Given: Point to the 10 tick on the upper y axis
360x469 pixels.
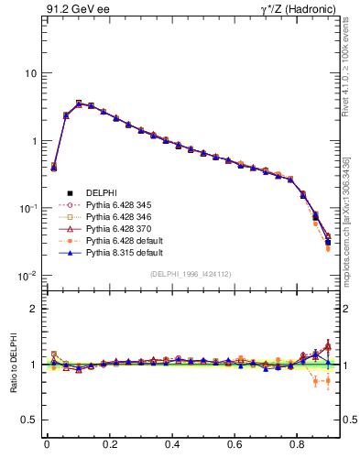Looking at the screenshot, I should (30, 73).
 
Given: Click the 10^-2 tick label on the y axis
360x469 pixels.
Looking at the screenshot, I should (27, 276).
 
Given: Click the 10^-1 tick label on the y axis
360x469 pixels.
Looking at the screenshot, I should (27, 208).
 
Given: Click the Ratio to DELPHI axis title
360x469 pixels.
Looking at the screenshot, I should (12, 363).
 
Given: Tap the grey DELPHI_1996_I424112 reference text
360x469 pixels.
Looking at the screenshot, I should (191, 274).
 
